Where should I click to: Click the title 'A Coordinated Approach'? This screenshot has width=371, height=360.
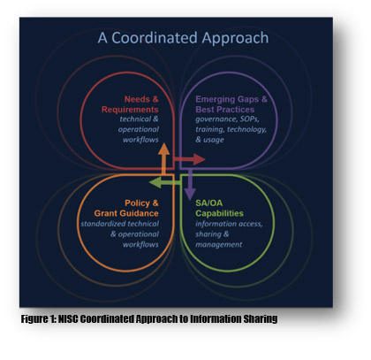pos(183,38)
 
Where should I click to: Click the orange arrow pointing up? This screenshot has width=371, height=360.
pos(163,158)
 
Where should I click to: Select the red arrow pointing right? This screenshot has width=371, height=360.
pos(189,159)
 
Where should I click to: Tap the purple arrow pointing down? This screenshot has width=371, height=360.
pos(190,184)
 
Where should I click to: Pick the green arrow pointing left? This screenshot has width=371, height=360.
pos(165,182)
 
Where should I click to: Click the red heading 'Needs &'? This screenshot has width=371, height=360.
pos(141,99)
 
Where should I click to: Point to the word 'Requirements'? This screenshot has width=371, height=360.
pos(130,110)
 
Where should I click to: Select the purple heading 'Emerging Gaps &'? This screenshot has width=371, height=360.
pos(231,99)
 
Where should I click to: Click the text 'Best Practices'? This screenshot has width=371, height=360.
pos(225,110)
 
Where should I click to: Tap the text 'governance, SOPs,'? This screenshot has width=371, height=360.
pos(227,119)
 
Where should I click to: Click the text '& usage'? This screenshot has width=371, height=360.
pos(209,140)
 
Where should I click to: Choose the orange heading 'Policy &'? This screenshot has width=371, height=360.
pos(141,203)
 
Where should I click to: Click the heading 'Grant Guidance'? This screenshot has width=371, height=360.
pos(126,213)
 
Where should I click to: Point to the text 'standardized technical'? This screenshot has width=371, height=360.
pos(120,224)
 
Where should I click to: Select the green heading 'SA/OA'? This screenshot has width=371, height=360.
pos(209,203)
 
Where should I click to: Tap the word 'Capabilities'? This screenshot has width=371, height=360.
pos(219,213)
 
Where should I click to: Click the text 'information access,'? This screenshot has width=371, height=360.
pos(229,224)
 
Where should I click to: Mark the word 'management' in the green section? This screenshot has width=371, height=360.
pos(219,245)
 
